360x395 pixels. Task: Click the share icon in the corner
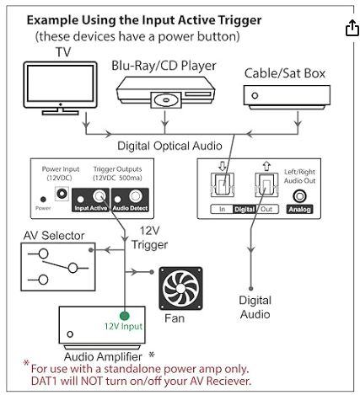coord(352,28)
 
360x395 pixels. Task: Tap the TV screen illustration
coord(60,83)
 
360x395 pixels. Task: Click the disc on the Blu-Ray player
coord(164,100)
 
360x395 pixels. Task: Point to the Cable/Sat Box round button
coord(255,96)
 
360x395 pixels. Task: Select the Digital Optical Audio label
coord(169,147)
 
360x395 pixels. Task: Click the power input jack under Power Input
coord(62,193)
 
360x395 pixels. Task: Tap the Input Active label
coord(90,208)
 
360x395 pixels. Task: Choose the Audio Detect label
coord(130,208)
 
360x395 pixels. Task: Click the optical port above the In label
coord(222,184)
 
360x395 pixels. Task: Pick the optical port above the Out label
coord(266,184)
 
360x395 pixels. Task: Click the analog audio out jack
coord(299,196)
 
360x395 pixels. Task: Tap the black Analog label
coord(299,209)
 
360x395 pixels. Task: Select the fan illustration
coord(180,288)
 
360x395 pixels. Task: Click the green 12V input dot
coord(124,316)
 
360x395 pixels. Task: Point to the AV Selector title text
coord(54,236)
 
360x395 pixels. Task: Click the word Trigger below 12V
coord(149,245)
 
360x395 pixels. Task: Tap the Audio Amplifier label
coord(103,357)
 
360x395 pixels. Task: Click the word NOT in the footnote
coord(91,381)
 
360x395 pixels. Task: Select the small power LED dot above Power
coord(43,200)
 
